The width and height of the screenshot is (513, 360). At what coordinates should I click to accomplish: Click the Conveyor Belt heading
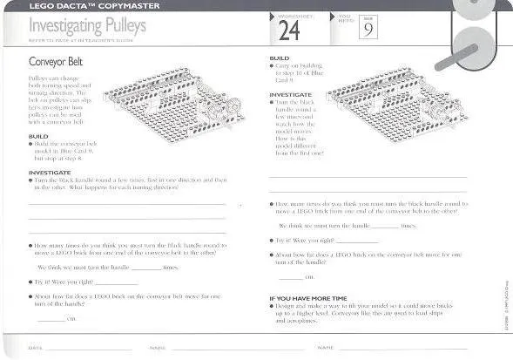coord(57,62)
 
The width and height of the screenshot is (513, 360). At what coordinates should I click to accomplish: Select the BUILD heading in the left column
coord(37,136)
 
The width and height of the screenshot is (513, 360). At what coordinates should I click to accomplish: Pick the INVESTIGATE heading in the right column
coord(290,94)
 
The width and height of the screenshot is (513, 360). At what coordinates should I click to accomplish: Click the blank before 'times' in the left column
coord(145,267)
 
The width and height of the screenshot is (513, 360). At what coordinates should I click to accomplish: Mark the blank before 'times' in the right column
coord(385,225)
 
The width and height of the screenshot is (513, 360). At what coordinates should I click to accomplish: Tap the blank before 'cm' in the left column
coord(52,318)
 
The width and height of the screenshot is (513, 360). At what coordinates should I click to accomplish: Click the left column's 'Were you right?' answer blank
coord(121,282)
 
